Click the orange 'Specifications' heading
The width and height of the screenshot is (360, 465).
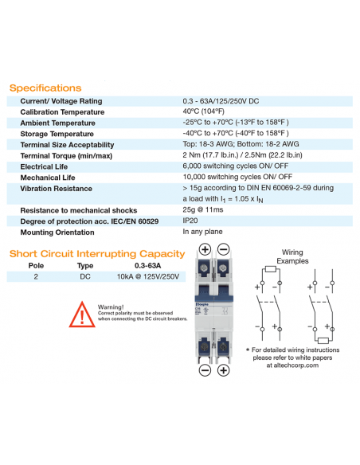point(45,88)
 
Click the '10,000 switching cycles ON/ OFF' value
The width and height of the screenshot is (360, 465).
point(237,177)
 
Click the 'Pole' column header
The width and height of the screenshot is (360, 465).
point(37,265)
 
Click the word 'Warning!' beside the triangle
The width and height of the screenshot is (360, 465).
point(112,307)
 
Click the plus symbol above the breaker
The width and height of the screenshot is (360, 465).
point(205,249)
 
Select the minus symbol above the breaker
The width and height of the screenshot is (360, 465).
point(224,249)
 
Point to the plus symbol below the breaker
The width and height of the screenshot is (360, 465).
point(224,370)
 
